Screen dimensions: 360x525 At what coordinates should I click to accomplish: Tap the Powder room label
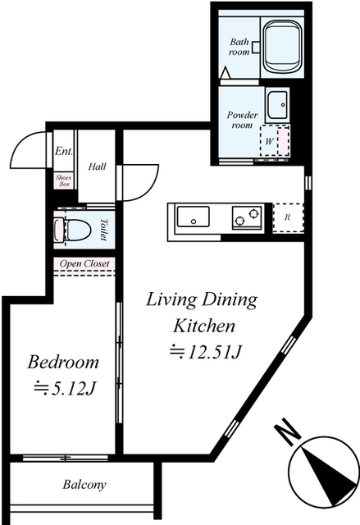pyautogui.click(x=242, y=120)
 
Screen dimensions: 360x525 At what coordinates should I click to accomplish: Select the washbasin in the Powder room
pyautogui.click(x=277, y=104)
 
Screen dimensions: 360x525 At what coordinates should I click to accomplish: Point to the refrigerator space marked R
pyautogui.click(x=288, y=217)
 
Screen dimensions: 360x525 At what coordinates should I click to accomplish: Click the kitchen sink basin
pyautogui.click(x=193, y=217)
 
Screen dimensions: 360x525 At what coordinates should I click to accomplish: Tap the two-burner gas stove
pyautogui.click(x=247, y=217)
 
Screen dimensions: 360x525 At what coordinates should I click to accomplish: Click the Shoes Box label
pyautogui.click(x=64, y=180)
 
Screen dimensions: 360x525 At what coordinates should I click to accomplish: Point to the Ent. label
pyautogui.click(x=64, y=151)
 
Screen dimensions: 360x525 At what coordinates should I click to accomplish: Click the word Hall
pyautogui.click(x=97, y=167)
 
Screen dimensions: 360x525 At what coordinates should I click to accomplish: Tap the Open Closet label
pyautogui.click(x=84, y=264)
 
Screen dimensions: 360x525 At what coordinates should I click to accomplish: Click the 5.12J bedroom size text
pyautogui.click(x=65, y=388)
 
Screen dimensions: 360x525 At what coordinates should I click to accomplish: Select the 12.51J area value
pyautogui.click(x=206, y=351)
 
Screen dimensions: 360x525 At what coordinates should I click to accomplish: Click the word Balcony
pyautogui.click(x=84, y=485)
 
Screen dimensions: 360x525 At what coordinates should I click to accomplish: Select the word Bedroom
pyautogui.click(x=63, y=362)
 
